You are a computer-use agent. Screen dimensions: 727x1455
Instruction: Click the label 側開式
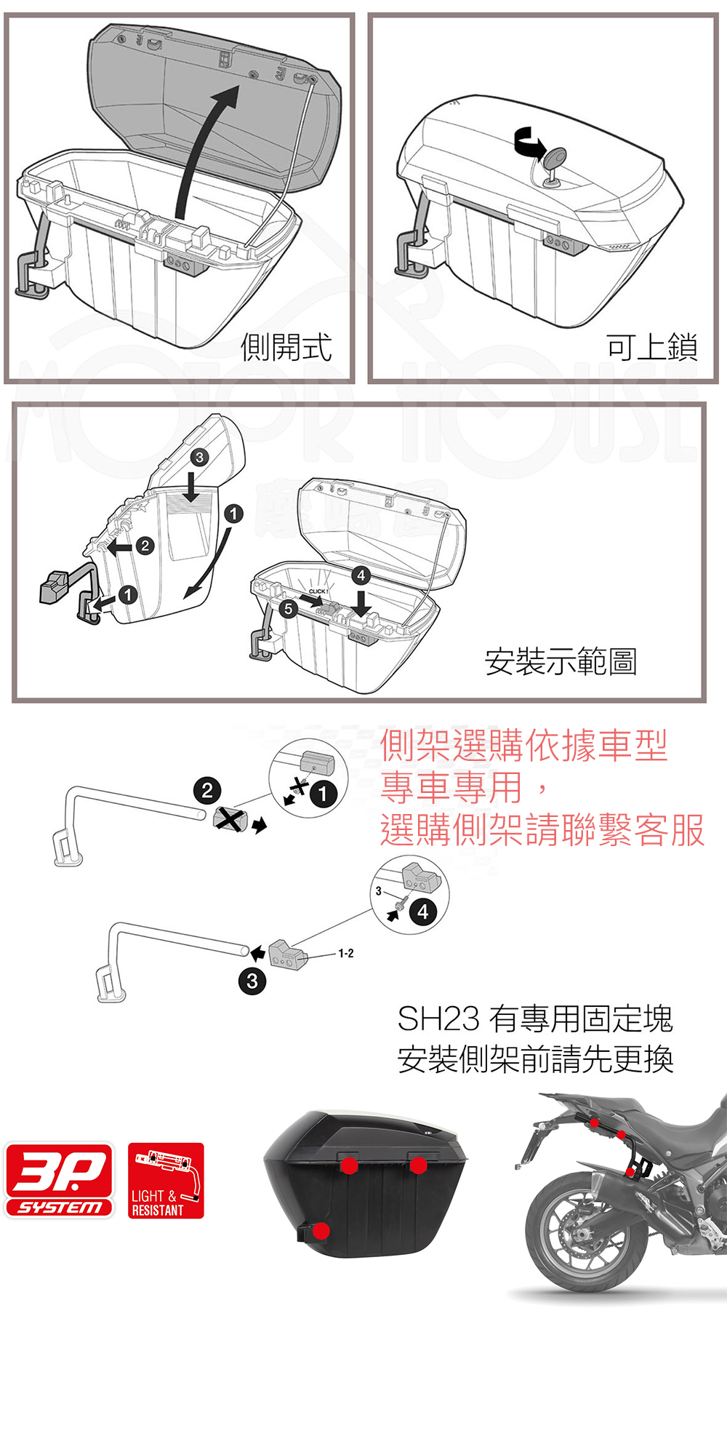pos(286,347)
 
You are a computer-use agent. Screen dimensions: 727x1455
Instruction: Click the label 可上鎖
pos(652,347)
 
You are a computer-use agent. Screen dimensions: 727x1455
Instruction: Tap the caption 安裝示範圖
pos(561,661)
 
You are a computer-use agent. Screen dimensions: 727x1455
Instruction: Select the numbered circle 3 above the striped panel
pos(199,457)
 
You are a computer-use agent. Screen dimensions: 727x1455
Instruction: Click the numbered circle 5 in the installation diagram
pos(289,609)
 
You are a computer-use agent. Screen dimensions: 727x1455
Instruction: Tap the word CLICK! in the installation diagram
pos(318,591)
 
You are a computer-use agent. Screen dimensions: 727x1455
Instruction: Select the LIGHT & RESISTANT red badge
pos(166,1180)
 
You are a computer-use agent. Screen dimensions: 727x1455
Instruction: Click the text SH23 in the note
pos(438,1018)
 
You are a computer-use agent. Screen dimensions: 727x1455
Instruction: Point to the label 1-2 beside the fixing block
pos(346,953)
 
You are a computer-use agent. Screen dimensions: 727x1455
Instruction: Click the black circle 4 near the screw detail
pos(423,912)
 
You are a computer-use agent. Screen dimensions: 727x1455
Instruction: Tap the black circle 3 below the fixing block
pos(252,981)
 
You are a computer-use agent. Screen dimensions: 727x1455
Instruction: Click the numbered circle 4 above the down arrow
pos(361,575)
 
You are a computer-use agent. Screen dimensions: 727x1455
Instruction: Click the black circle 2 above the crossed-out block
pos(207,790)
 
